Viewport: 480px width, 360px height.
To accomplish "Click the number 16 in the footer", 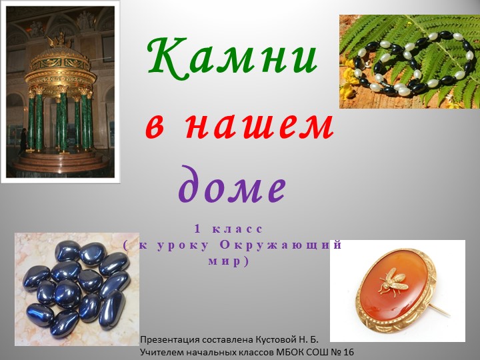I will click(348, 352).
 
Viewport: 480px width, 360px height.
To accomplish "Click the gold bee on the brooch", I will click(391, 281).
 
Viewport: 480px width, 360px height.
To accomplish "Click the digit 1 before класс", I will click(198, 229).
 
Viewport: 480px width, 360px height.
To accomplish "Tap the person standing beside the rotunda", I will click(23, 140).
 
